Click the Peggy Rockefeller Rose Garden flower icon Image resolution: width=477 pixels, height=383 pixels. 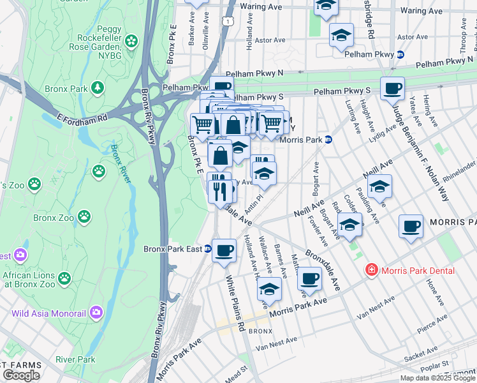[x=131, y=41]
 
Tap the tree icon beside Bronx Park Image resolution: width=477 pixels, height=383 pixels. [x=98, y=87]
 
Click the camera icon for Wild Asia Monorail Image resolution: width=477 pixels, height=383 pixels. [x=96, y=313]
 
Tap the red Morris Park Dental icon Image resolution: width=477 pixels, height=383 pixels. [x=371, y=271]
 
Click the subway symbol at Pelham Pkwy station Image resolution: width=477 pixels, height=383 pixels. [x=400, y=55]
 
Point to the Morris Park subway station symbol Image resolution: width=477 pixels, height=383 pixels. [x=328, y=140]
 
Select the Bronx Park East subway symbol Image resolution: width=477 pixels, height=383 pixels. [x=208, y=249]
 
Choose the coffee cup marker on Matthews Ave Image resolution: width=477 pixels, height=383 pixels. [x=310, y=278]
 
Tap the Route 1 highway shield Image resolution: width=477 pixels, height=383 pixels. [x=226, y=22]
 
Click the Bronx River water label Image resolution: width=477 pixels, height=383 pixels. [x=121, y=164]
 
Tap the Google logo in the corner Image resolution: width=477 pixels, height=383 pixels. [x=21, y=375]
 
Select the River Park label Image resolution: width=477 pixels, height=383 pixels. [x=75, y=359]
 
